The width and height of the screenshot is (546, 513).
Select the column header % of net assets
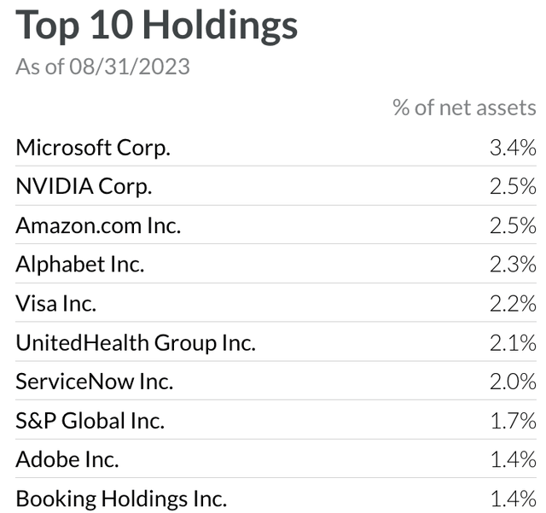tap(464, 108)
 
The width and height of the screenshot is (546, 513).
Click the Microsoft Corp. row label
tap(93, 148)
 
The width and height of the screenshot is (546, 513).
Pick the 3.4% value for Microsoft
tap(512, 148)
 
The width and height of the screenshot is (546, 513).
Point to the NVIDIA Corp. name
tap(84, 187)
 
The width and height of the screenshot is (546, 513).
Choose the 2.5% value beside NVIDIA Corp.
tap(512, 187)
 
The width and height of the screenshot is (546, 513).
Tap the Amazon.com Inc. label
tap(98, 226)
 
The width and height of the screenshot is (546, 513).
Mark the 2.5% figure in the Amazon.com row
tap(512, 226)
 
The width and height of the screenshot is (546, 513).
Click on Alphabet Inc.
tap(80, 265)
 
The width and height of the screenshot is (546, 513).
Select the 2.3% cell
tap(512, 265)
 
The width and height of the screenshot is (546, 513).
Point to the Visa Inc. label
tap(56, 304)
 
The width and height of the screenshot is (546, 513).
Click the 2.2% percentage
tap(512, 304)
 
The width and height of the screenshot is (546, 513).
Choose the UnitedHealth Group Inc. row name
tap(136, 343)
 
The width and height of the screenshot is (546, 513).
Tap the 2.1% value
tap(512, 343)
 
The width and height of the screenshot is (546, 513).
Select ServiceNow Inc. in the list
tap(95, 382)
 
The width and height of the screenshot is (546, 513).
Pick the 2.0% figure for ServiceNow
tap(512, 382)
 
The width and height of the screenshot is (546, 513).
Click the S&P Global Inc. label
tap(90, 421)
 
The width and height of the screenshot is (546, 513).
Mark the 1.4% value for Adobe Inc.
tap(512, 460)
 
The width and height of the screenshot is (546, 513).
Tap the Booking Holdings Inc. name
tap(121, 498)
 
